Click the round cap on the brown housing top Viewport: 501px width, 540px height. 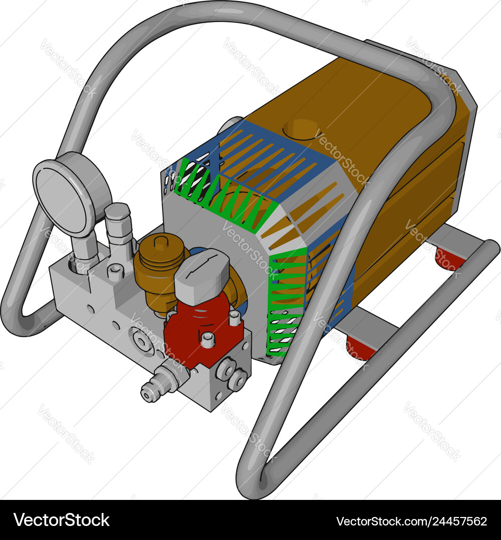tap(301, 128)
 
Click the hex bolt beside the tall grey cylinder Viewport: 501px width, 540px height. tap(115, 273)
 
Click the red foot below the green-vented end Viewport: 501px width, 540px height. tap(360, 348)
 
